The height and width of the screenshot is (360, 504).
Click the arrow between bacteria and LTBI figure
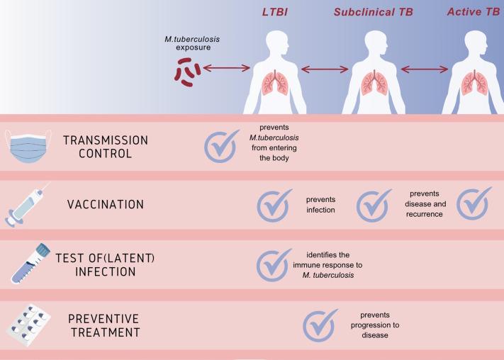click(x=226, y=69)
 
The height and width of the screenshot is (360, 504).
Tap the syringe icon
click(x=28, y=204)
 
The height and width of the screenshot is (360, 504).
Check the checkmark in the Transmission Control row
click(x=222, y=145)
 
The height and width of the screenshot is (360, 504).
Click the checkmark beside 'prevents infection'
click(x=274, y=206)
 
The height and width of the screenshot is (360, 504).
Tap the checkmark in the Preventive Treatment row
click(x=320, y=325)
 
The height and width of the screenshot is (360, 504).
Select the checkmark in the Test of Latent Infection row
click(x=274, y=265)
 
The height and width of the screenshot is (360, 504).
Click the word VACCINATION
click(x=105, y=205)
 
